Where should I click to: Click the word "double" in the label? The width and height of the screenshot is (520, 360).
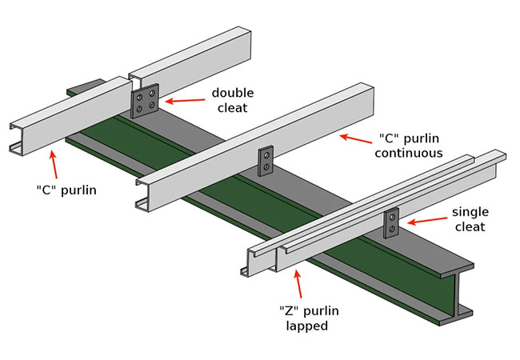232,94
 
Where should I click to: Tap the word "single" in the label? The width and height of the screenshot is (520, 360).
470,212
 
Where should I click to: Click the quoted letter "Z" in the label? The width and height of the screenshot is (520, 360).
289,310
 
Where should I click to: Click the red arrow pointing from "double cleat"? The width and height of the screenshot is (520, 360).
183,100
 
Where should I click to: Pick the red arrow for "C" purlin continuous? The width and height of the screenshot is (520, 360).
355,138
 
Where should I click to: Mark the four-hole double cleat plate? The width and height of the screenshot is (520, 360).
146,101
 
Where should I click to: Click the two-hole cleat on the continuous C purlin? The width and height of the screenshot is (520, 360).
266,160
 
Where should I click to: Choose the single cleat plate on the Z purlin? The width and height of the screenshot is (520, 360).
391,223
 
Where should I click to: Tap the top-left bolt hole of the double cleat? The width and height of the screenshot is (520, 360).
140,96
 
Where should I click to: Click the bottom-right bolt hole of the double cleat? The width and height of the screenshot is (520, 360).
152,105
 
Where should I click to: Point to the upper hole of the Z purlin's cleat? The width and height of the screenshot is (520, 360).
392,217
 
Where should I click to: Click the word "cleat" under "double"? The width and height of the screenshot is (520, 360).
232,108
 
